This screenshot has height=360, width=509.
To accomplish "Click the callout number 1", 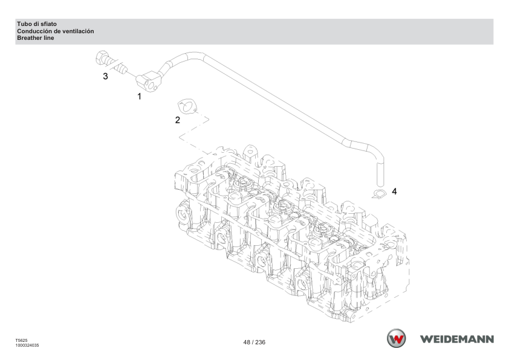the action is coord(139,96).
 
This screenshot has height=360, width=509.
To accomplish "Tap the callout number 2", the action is coord(177,120).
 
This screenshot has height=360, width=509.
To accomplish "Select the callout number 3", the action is coord(105,76).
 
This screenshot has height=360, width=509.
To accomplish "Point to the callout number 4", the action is coord(394,191).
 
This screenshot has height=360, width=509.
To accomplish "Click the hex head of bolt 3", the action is coord(102,57).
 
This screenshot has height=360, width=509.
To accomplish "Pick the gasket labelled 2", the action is coord(187,107).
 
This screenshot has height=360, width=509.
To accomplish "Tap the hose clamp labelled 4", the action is coord(379,194).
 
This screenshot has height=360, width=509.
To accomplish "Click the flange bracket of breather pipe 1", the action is coord(149,82).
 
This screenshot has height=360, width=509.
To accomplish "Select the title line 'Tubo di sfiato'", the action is coord(37,24).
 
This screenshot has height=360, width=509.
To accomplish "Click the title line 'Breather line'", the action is coord(36,38).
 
